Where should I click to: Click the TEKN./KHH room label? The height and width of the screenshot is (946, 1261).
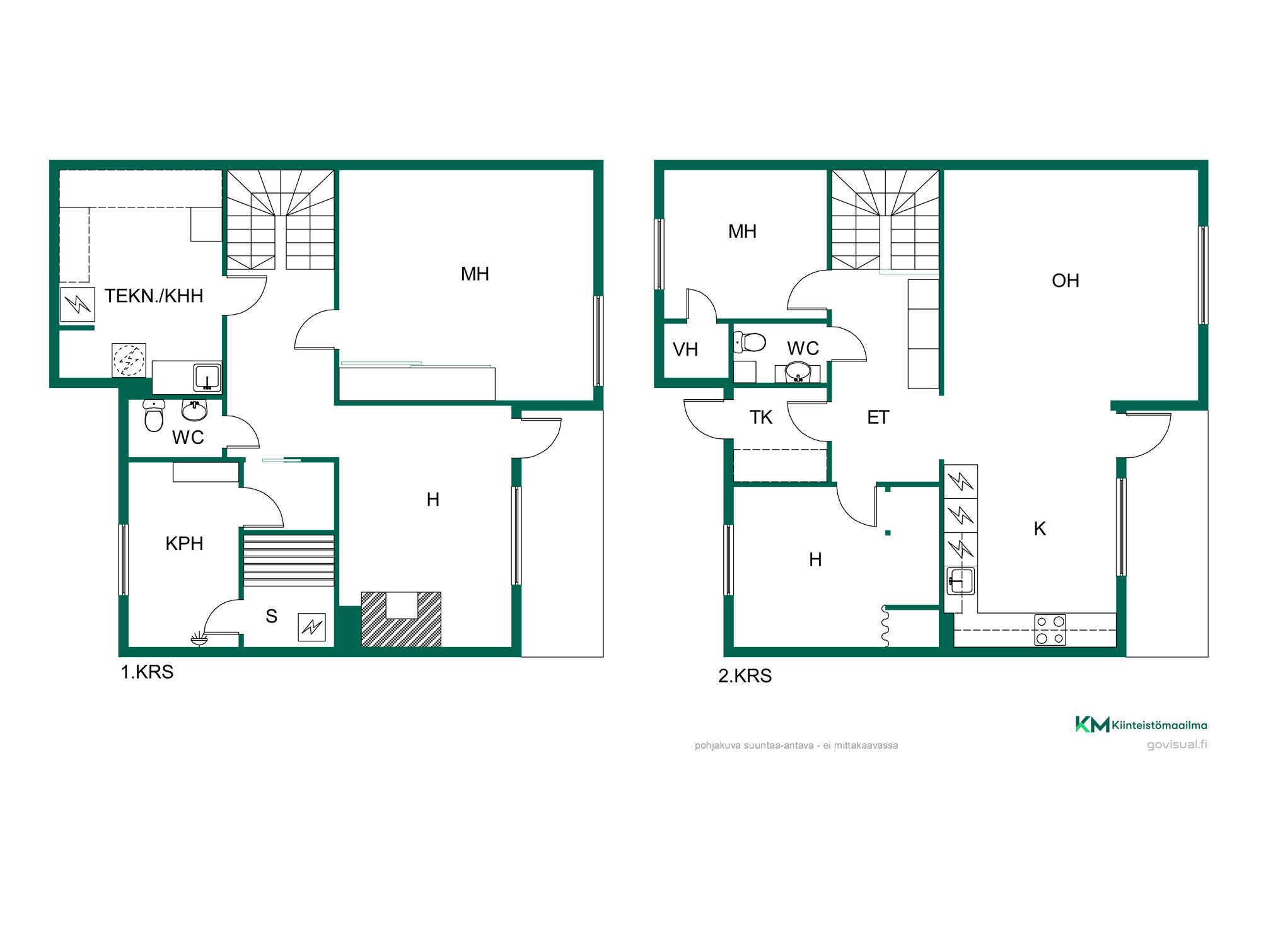click(154, 296)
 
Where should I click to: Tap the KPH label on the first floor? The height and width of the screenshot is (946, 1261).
click(184, 544)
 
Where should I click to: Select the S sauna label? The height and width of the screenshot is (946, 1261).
click(272, 616)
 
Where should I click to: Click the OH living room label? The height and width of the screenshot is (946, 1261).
click(1066, 281)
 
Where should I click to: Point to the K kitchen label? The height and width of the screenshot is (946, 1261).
click(1040, 528)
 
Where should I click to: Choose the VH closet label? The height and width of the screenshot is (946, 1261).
click(685, 349)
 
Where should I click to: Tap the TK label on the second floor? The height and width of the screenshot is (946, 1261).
click(761, 418)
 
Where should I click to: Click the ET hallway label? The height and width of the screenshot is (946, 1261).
click(878, 418)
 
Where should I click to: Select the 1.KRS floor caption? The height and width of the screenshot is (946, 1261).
click(147, 672)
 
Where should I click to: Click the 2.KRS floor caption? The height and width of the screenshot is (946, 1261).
click(745, 676)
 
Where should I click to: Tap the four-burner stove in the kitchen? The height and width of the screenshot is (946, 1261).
click(1050, 630)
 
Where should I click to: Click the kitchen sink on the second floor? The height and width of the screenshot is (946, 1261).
click(960, 581)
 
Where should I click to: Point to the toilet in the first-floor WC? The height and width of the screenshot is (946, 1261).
click(154, 415)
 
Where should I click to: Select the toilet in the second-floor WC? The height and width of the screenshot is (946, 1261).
click(750, 342)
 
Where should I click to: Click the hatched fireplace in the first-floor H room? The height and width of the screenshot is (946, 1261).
click(401, 619)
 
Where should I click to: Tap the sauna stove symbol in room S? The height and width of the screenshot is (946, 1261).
click(312, 628)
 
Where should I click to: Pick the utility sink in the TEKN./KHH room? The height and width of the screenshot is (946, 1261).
click(207, 377)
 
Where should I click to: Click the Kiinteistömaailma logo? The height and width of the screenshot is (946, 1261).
click(1141, 725)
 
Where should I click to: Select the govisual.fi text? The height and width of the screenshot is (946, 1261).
click(1177, 745)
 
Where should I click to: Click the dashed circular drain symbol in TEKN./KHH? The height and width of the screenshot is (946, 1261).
click(129, 360)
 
